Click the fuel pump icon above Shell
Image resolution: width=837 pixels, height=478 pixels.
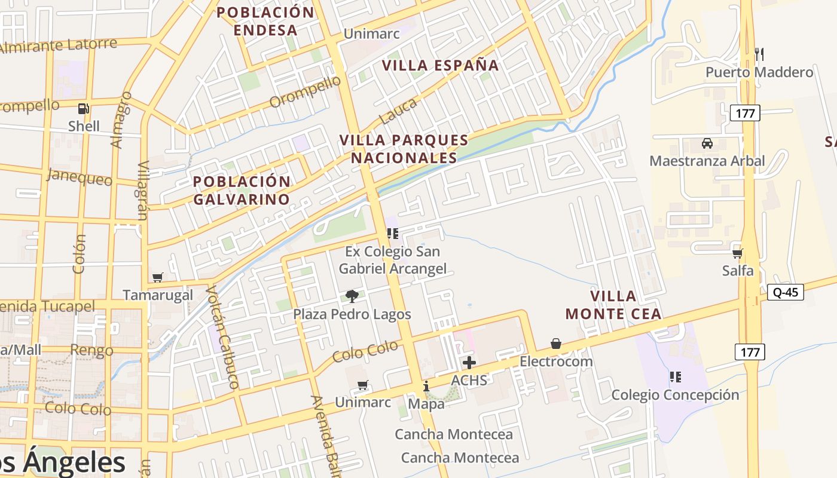pyautogui.click(x=84, y=109)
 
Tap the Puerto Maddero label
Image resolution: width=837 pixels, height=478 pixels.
pyautogui.click(x=759, y=72)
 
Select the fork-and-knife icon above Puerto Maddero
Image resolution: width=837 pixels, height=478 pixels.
pyautogui.click(x=759, y=54)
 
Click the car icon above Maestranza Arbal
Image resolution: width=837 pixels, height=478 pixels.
pyautogui.click(x=707, y=143)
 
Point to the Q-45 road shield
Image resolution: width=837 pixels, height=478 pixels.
pyautogui.click(x=786, y=292)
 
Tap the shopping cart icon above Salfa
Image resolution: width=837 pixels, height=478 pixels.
pyautogui.click(x=738, y=253)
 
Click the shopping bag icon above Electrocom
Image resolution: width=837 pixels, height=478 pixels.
pyautogui.click(x=556, y=344)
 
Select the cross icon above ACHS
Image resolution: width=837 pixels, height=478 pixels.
pyautogui.click(x=469, y=363)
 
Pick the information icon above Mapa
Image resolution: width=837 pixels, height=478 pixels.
pyautogui.click(x=426, y=386)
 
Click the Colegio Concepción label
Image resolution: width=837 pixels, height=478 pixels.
pyautogui.click(x=675, y=395)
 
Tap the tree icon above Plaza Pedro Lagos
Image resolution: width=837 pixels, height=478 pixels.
pyautogui.click(x=352, y=296)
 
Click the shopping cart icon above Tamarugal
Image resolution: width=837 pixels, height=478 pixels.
pyautogui.click(x=158, y=277)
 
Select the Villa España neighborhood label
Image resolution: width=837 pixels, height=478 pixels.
pyautogui.click(x=440, y=65)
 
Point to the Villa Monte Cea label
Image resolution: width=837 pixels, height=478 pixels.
pyautogui.click(x=613, y=305)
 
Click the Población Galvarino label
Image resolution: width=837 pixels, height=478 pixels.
pyautogui.click(x=242, y=190)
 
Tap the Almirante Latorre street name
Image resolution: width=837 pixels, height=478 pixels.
pyautogui.click(x=59, y=46)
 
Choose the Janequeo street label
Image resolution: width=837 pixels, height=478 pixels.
pyautogui.click(x=80, y=177)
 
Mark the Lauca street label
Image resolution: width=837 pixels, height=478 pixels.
pyautogui.click(x=398, y=111)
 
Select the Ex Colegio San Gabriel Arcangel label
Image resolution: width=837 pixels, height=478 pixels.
pyautogui.click(x=393, y=260)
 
